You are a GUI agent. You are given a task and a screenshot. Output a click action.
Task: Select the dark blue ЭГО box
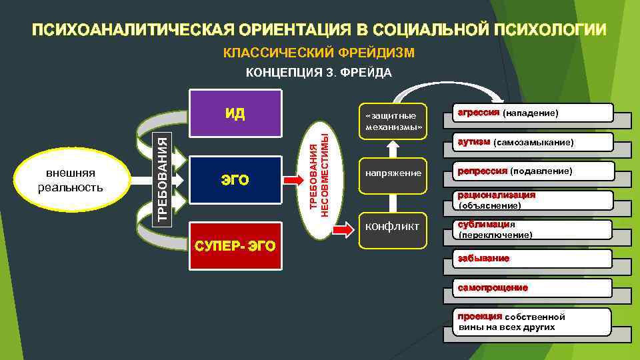coord(235,179)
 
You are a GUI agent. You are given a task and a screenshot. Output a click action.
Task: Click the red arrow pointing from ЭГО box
coord(293,179)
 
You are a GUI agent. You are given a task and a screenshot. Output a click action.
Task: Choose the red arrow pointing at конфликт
coord(343,230)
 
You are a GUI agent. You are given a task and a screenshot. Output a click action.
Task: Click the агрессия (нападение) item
coord(532,113)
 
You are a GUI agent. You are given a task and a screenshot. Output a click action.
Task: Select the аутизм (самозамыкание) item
coord(532,142)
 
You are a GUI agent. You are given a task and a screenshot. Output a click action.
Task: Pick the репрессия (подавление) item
coord(532,171)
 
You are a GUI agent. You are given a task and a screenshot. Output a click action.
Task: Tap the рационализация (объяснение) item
coord(532,200)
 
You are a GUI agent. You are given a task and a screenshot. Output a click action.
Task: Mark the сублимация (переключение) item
coord(532,229)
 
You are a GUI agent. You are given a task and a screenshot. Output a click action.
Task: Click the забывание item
coord(532,259)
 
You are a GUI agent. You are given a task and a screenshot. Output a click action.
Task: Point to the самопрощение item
coord(532,288)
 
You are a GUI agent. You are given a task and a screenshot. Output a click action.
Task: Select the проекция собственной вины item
coord(532,321)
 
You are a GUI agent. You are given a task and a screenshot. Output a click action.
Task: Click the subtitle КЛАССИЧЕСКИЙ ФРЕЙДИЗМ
coord(319,52)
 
